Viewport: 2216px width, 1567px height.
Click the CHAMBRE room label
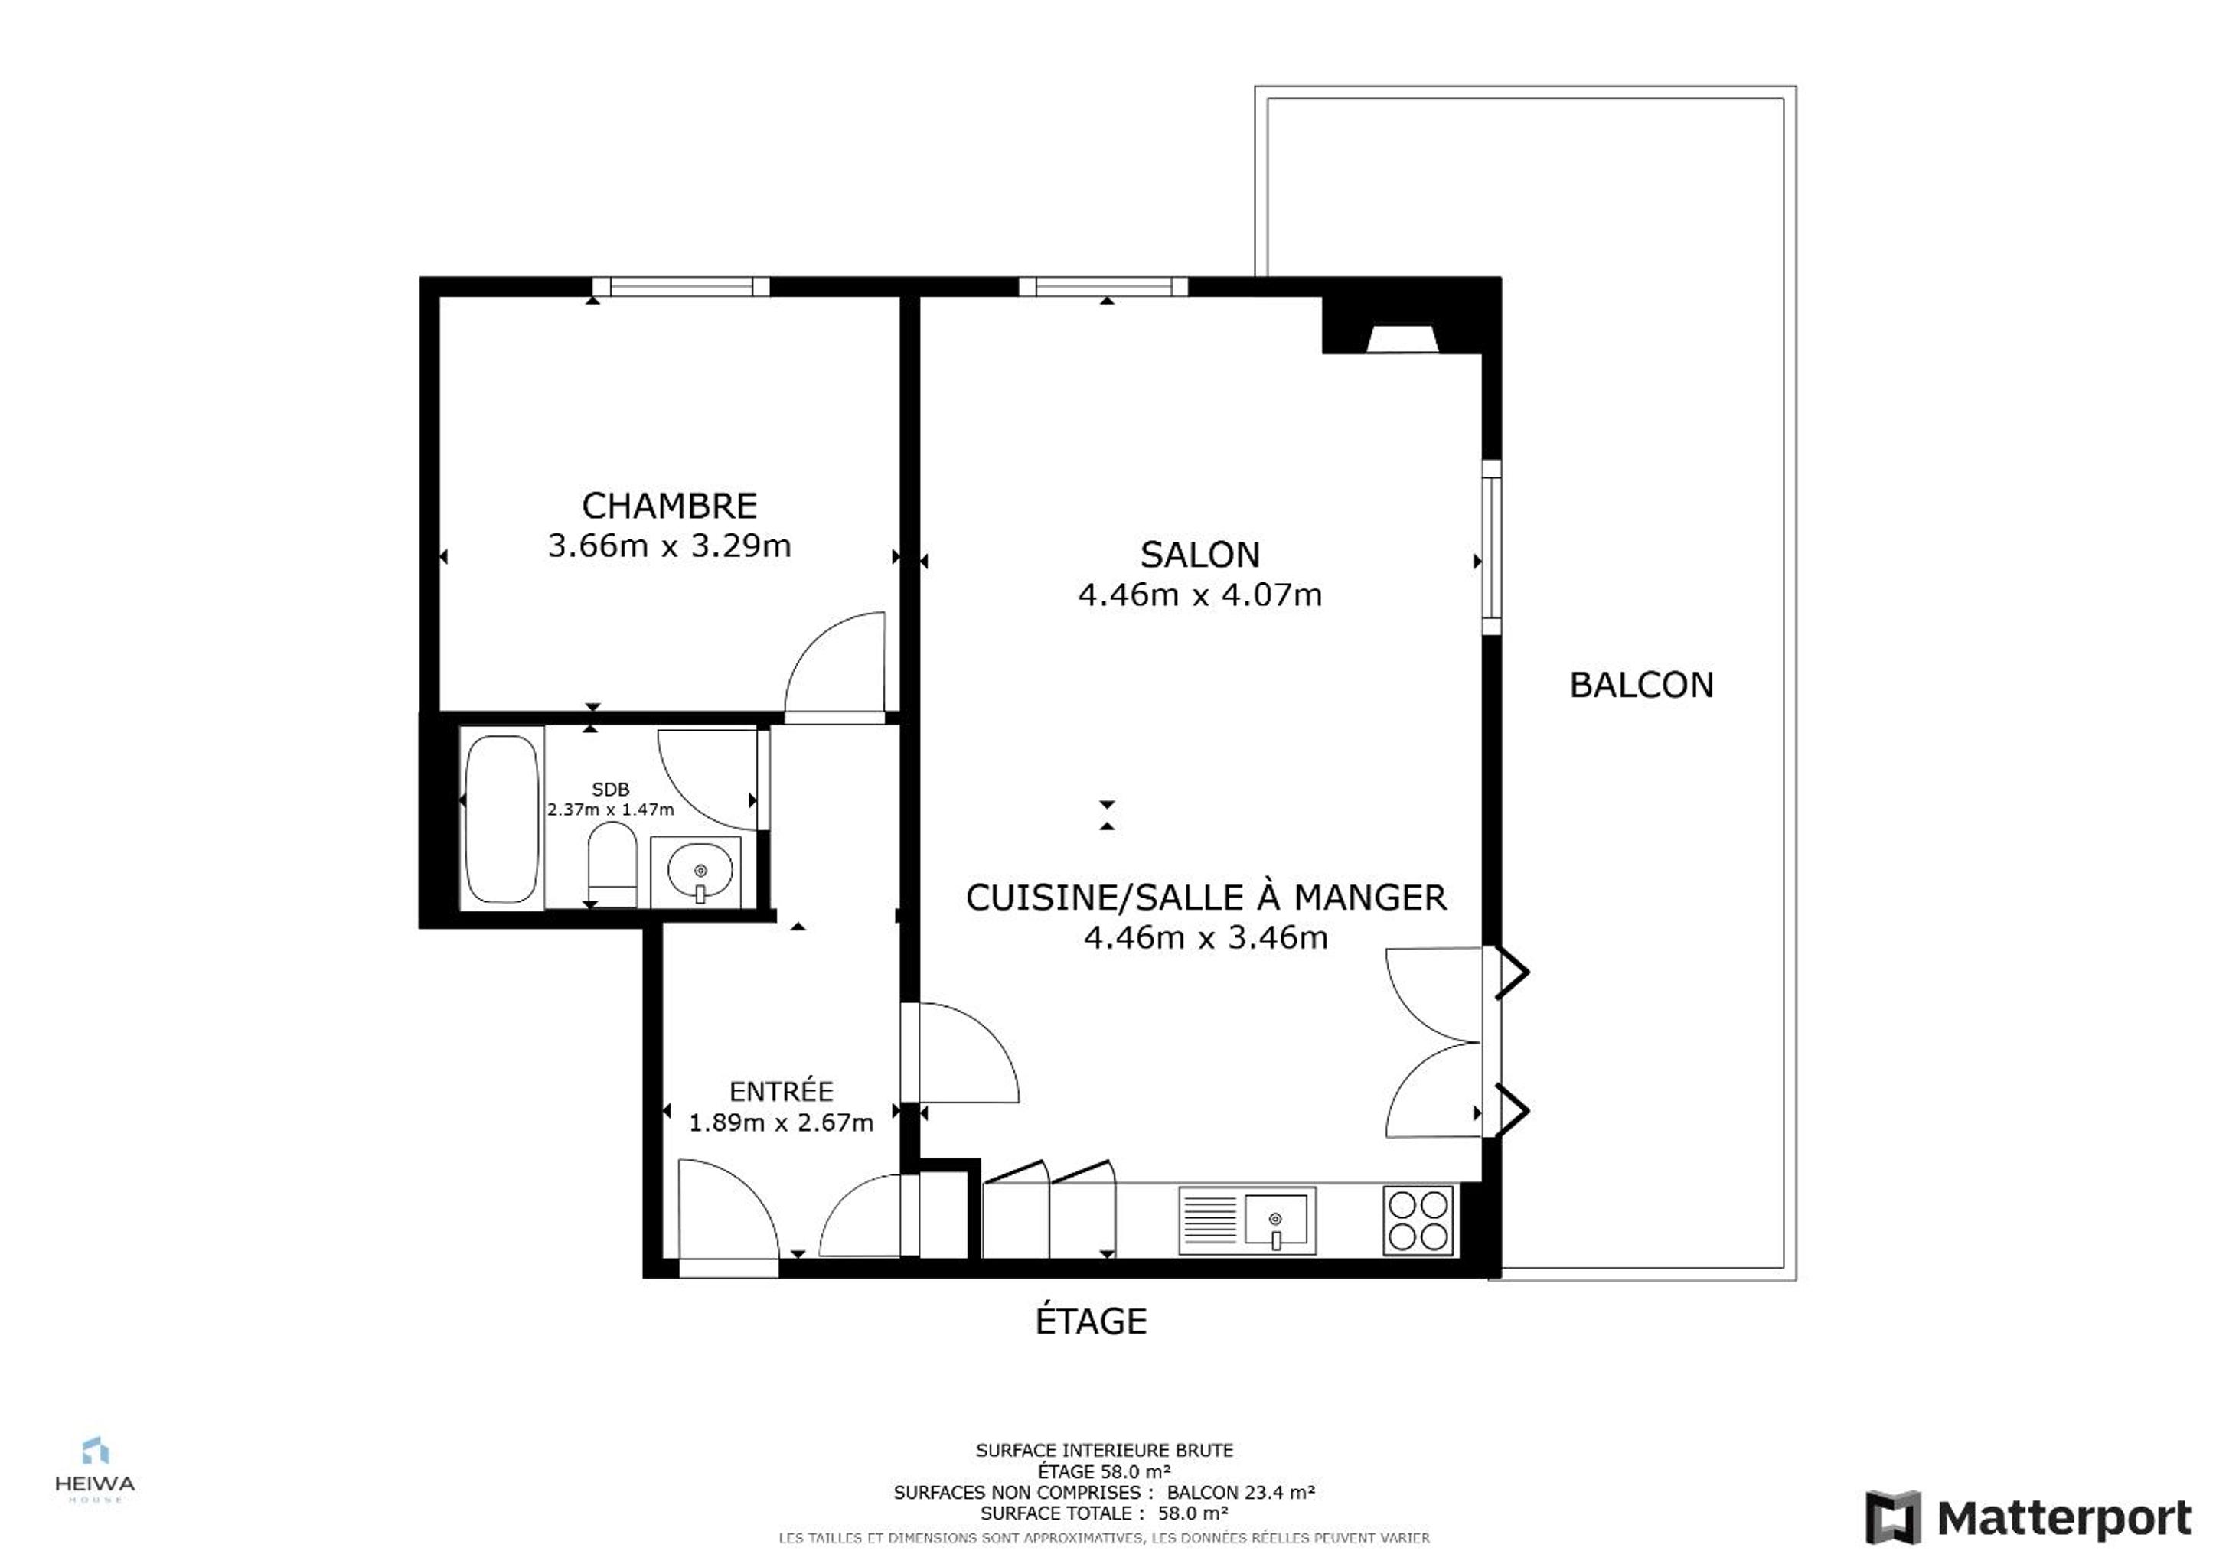(x=669, y=506)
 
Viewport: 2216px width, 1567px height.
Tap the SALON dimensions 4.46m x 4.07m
(x=1199, y=595)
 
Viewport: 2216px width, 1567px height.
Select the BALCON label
(x=1641, y=685)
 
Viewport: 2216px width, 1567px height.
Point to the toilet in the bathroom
(x=612, y=864)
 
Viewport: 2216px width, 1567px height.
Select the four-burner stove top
(x=1418, y=1220)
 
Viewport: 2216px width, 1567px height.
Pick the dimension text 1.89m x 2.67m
(x=781, y=1123)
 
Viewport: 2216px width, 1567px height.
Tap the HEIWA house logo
(x=95, y=1471)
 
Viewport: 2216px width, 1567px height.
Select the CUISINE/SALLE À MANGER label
(x=1206, y=898)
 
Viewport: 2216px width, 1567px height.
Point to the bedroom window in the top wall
(x=680, y=287)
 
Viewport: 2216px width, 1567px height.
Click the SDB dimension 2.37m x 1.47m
(x=610, y=810)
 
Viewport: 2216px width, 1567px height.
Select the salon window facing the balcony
(x=1491, y=547)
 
